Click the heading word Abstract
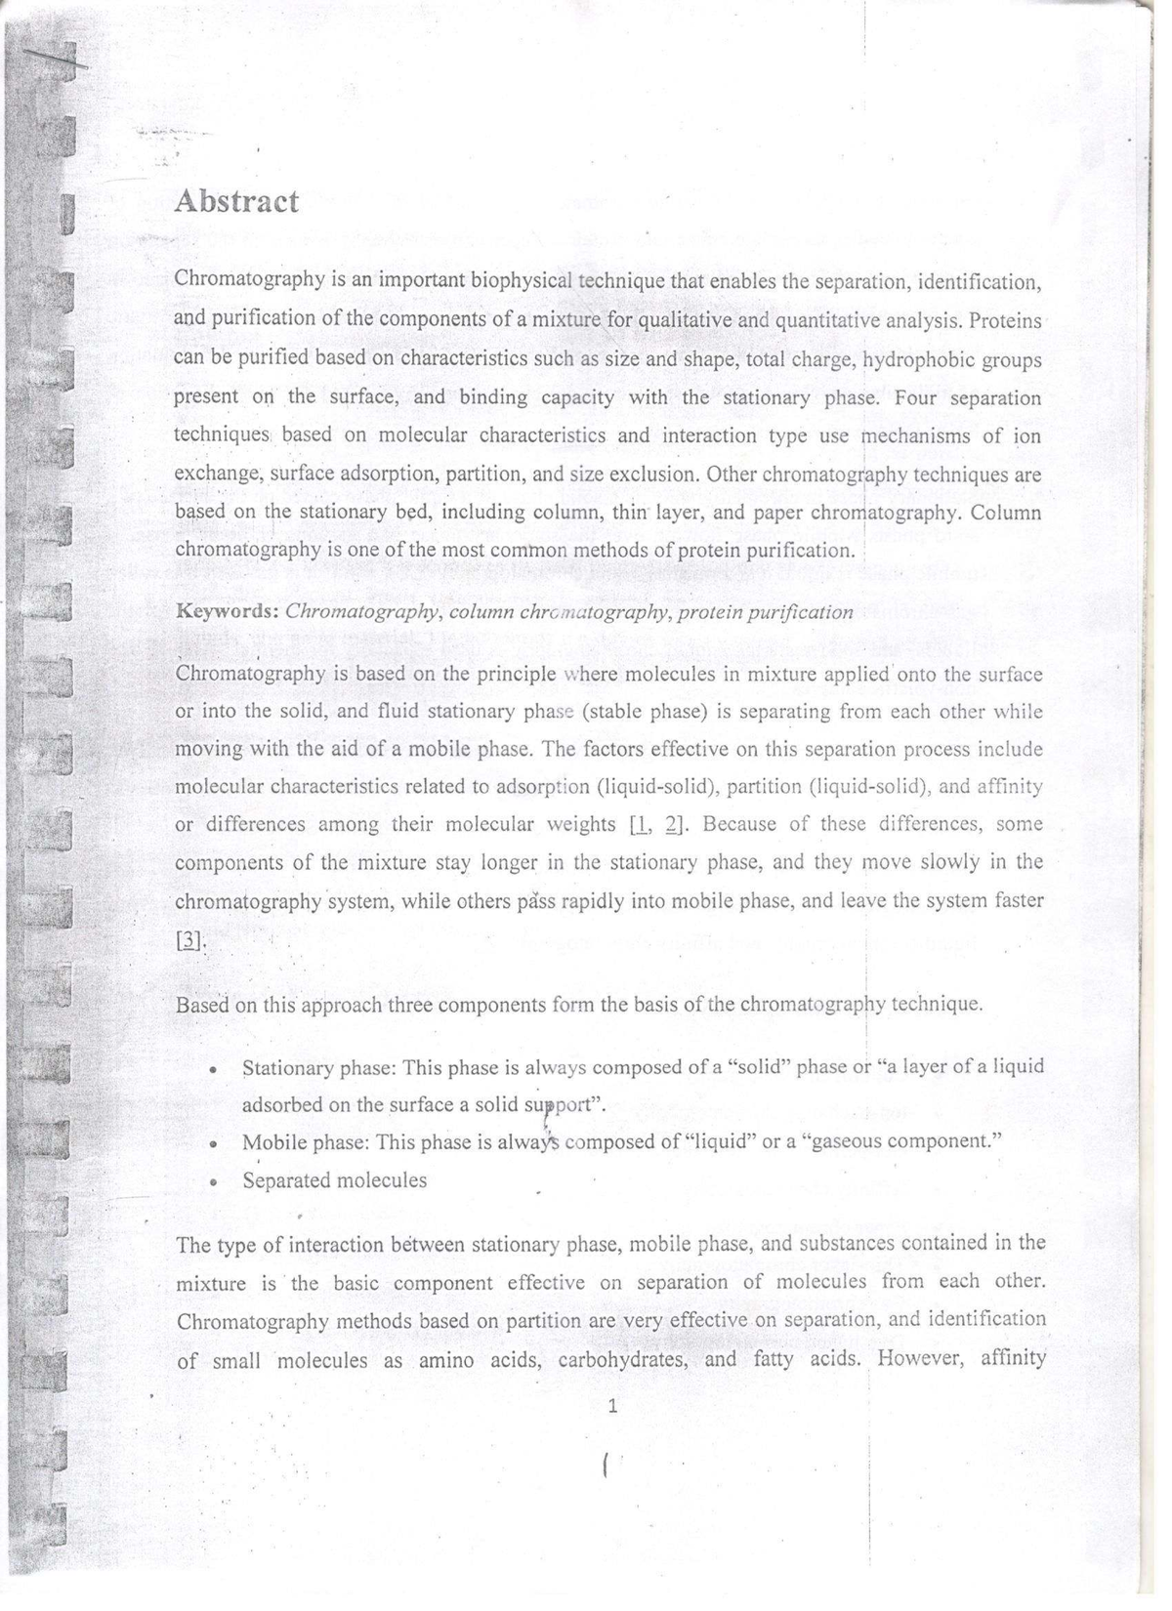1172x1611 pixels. coord(236,202)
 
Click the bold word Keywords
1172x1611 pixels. coord(227,612)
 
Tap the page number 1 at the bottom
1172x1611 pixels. coord(612,1406)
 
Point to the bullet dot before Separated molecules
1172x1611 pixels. coord(213,1180)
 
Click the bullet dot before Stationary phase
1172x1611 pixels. coord(213,1068)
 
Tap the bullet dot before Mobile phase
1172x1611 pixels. coord(213,1142)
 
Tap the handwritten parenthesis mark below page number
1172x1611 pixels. coord(607,1464)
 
